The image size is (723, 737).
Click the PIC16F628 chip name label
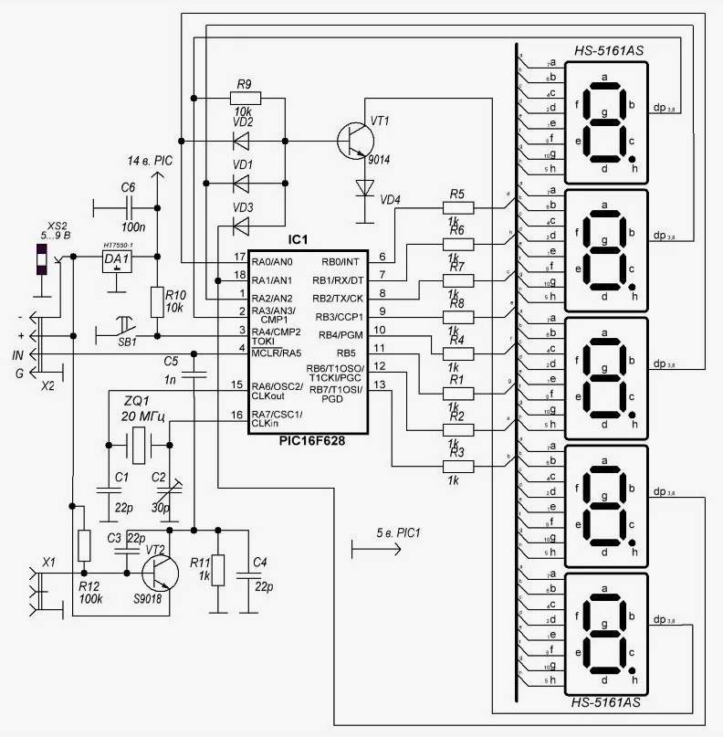tap(308, 440)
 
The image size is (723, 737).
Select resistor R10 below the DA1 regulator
tap(156, 302)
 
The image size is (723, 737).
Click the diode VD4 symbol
tap(365, 187)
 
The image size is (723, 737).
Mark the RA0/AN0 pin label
tap(273, 260)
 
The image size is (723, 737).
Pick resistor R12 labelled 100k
tap(85, 545)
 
